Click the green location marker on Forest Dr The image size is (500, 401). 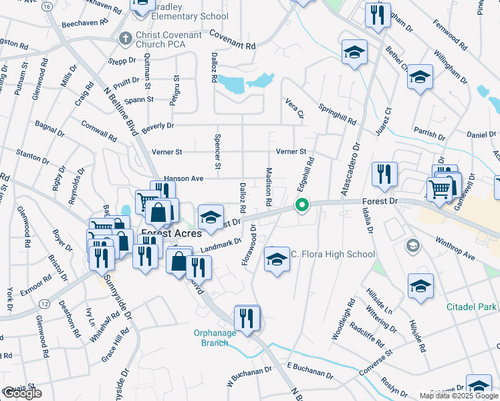point(302,205)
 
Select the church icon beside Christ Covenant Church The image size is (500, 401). point(124,39)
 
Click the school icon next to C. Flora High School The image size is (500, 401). point(277,259)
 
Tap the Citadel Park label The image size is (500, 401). point(472,307)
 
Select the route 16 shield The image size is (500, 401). point(47,6)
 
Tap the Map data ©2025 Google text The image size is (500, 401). point(458,396)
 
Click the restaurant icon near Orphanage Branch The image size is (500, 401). point(247,317)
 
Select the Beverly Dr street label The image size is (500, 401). point(157,126)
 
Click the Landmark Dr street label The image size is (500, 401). point(221,246)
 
